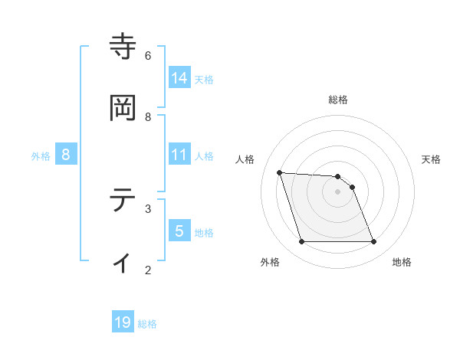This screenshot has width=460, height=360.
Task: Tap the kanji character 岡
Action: pos(123,109)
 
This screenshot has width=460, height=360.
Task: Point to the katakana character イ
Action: pos(123,262)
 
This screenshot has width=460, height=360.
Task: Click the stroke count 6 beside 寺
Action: pos(148,55)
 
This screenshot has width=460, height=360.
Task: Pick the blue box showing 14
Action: pos(179,77)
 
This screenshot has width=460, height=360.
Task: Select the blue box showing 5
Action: pos(179,231)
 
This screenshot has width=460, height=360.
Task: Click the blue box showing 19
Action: pos(123,322)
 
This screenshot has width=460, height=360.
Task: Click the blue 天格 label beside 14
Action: pos(204,79)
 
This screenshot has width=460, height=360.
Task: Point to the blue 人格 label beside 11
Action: pos(204,155)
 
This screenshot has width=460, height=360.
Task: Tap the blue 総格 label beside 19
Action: pos(147,324)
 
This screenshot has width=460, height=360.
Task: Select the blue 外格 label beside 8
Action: pos(41,155)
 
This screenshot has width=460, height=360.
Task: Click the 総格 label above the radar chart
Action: pos(338,100)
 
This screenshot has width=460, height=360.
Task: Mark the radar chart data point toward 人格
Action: pos(280,172)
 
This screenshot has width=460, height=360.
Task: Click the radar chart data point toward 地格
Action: pos(373,242)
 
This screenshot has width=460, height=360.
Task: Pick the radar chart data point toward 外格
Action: pos(301,242)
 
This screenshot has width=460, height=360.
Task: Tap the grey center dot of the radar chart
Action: pos(337,191)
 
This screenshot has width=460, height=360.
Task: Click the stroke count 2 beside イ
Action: pos(148,270)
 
